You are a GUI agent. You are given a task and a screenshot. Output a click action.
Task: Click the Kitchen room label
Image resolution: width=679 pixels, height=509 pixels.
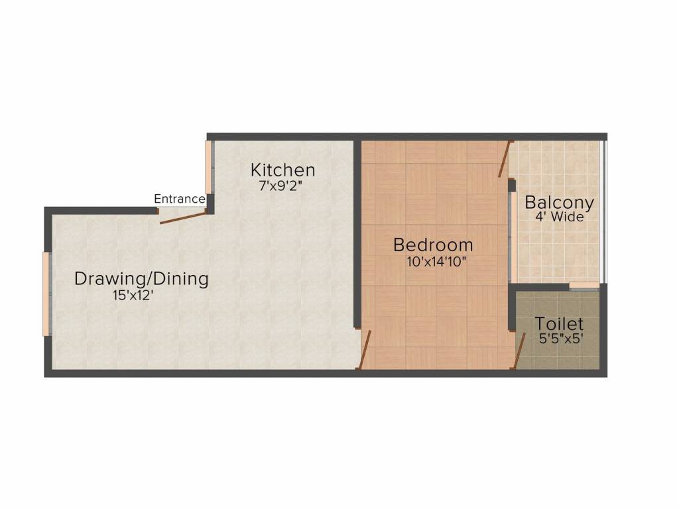coord(282,170)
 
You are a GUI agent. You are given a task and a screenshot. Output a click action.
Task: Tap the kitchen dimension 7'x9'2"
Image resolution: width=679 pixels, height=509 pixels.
coord(280,186)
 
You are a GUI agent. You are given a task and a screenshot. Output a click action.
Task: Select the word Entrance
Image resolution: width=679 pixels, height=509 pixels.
coord(179,199)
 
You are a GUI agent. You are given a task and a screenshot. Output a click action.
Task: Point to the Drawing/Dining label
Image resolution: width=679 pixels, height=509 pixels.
coord(141,279)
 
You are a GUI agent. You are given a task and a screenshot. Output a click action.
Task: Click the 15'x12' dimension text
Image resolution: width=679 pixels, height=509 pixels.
coord(133,296)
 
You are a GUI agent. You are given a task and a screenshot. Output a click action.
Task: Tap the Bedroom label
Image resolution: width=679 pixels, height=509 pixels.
coord(433,245)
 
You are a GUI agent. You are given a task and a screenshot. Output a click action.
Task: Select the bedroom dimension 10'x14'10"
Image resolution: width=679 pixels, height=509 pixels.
coord(436,262)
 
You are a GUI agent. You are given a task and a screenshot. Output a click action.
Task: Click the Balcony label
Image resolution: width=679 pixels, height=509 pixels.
coord(559,203)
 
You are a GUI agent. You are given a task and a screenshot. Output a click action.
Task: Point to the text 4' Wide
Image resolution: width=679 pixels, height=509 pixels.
coord(560,217)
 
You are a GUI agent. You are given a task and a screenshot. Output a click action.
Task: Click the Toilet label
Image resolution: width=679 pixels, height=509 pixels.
coord(559,323)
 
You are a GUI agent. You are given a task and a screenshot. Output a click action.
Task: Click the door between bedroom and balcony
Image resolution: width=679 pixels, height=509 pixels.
coord(505,159)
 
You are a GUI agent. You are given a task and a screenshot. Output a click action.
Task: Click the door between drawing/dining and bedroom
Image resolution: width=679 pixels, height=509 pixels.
coord(365,350)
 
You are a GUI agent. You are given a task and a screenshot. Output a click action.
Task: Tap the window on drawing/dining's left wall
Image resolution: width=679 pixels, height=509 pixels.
coord(47,294)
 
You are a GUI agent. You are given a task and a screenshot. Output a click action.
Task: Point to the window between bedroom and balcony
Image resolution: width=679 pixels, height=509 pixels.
coord(513,238)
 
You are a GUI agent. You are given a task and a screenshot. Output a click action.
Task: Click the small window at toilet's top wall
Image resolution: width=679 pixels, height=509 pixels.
coord(584,286)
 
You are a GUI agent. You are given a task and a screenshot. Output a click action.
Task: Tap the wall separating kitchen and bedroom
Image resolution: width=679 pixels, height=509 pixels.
coord(357,234)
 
